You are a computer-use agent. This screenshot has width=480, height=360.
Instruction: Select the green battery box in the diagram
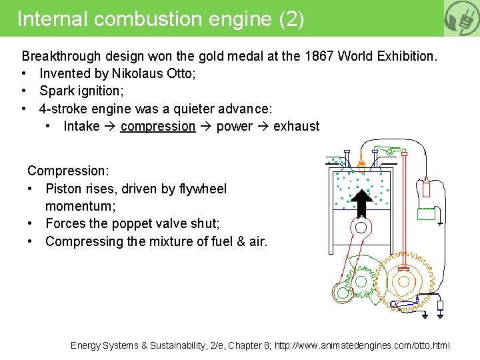[426, 213]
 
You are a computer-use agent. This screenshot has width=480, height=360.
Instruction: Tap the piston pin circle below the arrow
[361, 227]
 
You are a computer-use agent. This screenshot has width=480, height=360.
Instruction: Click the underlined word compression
[158, 126]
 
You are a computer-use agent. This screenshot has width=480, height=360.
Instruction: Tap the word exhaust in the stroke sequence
[296, 126]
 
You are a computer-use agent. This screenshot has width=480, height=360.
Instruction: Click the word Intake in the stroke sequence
[81, 126]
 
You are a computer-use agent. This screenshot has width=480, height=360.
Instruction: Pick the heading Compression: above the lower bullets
[68, 171]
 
